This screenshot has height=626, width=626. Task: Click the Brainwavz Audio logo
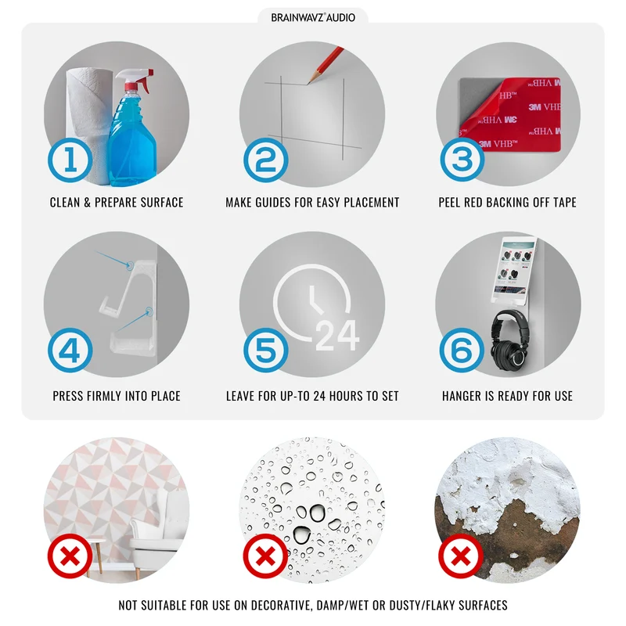coord(313,17)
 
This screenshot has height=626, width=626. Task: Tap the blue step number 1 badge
coord(70,160)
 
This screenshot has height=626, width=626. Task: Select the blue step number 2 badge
coord(266,160)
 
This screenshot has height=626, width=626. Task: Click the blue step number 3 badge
coord(462,160)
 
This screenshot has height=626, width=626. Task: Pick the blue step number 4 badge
coord(70,351)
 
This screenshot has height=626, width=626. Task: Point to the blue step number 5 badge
coord(266,351)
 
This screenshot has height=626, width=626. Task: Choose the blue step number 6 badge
coord(462,351)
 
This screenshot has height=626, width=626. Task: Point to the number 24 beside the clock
coord(338,336)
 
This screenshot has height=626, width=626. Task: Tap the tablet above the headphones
coord(514,270)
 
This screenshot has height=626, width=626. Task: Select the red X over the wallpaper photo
coord(70,556)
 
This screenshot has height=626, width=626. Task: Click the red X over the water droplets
coord(266,556)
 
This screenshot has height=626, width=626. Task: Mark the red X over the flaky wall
coord(461,556)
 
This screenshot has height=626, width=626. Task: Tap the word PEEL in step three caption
coord(449,203)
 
